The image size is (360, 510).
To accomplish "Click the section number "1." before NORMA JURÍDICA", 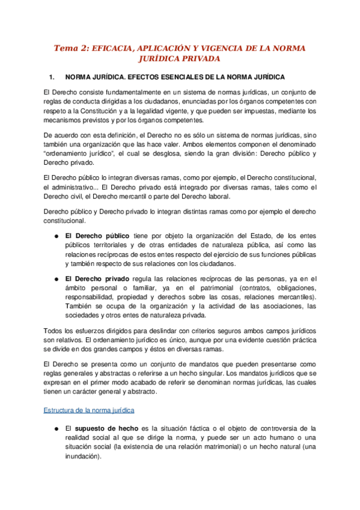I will (x=51, y=78).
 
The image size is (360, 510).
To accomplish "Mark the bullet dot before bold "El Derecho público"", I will (x=55, y=236).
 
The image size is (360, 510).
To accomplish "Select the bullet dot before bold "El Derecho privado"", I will (x=55, y=279).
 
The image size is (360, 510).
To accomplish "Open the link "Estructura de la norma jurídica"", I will (x=89, y=410).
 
